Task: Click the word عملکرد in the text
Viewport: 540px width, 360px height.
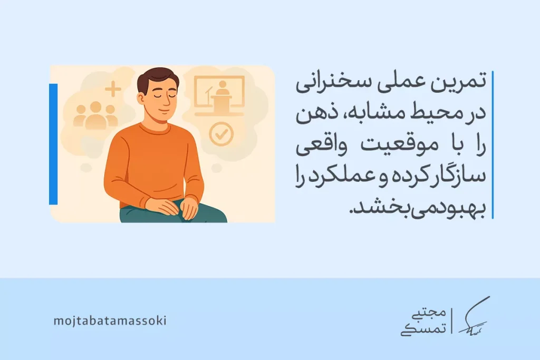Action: (337, 178)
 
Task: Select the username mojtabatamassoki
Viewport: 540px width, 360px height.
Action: (110, 320)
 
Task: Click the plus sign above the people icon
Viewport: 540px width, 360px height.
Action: (112, 89)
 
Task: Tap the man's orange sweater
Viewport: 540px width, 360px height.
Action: (152, 163)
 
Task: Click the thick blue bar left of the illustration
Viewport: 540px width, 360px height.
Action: (53, 143)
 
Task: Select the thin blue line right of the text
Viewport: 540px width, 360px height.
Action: (491, 144)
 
